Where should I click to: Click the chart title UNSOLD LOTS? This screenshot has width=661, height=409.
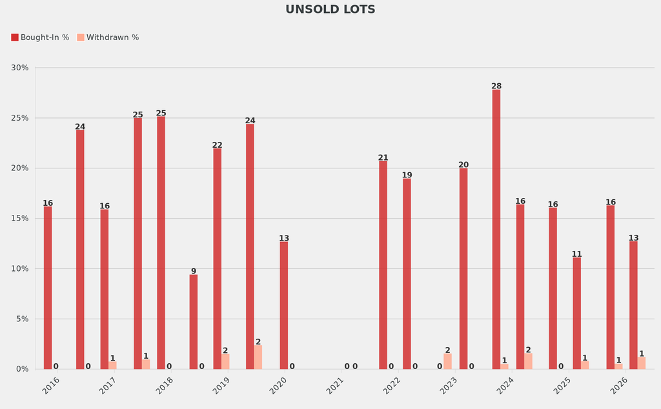click(330, 10)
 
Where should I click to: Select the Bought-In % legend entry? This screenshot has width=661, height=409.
click(40, 37)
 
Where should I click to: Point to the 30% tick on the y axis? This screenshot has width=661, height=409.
click(20, 68)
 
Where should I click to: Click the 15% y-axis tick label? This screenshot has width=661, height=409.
click(20, 219)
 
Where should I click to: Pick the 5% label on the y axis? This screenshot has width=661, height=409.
click(22, 319)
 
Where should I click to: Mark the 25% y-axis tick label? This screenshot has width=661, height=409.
click(20, 118)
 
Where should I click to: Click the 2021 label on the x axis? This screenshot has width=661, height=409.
click(336, 386)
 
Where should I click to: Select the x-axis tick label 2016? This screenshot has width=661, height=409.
click(51, 386)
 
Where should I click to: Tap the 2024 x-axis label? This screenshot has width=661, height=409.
click(505, 386)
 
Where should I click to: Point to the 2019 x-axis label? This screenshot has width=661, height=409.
click(221, 386)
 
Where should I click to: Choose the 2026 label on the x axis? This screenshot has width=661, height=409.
click(619, 386)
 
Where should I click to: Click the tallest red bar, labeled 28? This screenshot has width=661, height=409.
click(496, 229)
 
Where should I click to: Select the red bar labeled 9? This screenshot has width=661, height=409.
click(194, 322)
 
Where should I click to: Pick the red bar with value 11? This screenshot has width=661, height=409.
click(576, 314)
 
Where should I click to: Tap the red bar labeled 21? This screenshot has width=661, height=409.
click(383, 264)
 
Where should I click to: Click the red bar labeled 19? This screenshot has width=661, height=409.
click(407, 274)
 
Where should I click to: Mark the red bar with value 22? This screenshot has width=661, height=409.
click(217, 259)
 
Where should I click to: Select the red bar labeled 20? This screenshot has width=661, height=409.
click(463, 268)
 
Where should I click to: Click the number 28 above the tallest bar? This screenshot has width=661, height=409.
click(496, 86)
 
